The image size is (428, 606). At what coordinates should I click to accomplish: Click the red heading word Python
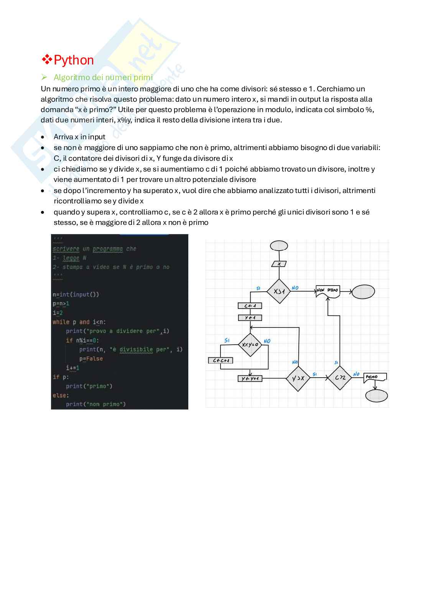(74, 60)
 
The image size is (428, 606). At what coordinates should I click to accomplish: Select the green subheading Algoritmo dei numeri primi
(103, 78)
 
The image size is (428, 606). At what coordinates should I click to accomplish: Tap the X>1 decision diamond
(279, 292)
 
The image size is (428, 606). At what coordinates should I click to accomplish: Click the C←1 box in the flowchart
(250, 306)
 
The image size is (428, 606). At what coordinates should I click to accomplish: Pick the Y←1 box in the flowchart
(250, 318)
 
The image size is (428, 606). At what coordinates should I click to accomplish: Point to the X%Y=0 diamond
(250, 345)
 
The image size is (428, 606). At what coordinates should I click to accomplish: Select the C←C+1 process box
(221, 360)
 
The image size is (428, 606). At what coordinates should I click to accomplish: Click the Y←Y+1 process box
(250, 378)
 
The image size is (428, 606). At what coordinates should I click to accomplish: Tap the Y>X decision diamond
(298, 378)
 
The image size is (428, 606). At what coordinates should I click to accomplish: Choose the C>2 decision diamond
(340, 378)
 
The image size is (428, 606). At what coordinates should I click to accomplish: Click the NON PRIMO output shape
(328, 291)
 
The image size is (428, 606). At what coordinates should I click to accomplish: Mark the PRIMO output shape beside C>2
(374, 378)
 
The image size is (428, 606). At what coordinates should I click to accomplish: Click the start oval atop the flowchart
(279, 245)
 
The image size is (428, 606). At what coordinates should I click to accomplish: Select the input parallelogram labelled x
(279, 264)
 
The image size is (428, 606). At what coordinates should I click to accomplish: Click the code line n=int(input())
(76, 294)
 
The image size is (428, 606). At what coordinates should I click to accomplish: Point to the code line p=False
(91, 358)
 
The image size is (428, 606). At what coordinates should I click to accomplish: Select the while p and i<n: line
(79, 322)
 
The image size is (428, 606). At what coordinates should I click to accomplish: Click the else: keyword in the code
(61, 395)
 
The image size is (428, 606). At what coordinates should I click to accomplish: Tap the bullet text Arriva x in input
(79, 137)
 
